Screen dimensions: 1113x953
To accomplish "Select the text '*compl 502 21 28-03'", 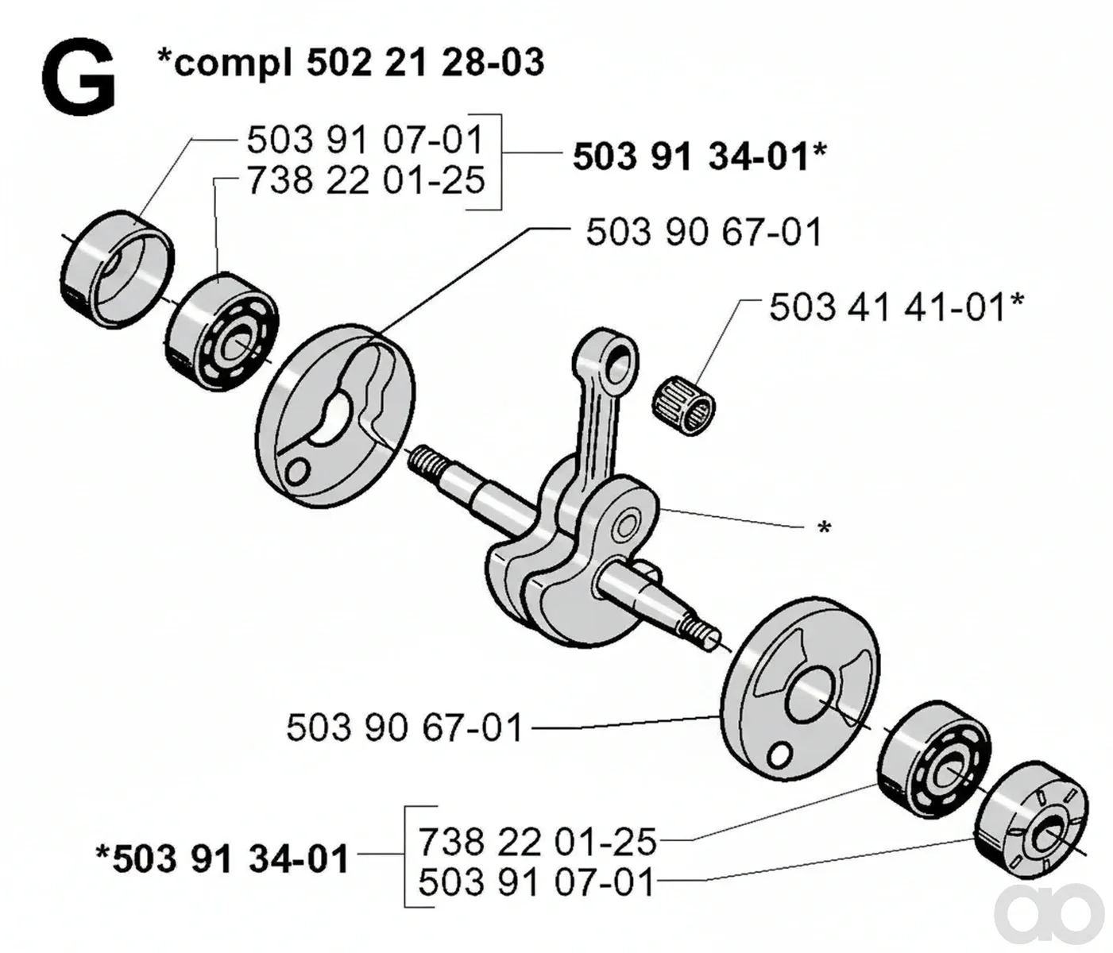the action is click(350, 63).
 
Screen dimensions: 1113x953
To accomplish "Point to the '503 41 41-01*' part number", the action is click(897, 308).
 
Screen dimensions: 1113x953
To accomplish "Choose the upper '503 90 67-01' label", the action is click(704, 232).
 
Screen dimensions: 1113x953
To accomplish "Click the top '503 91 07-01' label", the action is click(365, 140).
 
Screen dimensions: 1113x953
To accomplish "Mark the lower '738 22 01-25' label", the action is click(537, 841).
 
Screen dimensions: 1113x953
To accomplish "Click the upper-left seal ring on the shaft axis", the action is click(116, 269).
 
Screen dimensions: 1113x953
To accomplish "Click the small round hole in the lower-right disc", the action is click(779, 758).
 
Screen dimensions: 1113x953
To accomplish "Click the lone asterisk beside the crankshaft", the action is click(823, 527).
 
